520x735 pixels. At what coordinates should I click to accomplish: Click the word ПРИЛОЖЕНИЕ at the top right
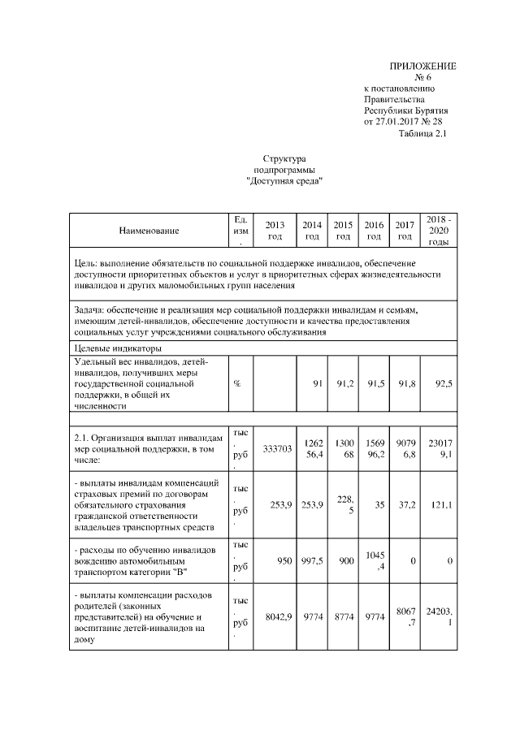tap(422, 65)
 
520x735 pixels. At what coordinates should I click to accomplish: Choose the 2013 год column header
tap(275, 231)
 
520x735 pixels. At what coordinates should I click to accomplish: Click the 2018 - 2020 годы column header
tap(439, 231)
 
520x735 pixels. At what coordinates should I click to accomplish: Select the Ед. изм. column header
tap(240, 231)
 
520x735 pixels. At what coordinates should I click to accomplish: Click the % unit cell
tap(236, 383)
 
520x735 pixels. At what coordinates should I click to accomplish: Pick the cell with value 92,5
tap(443, 383)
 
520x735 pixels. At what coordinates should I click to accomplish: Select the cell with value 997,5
tap(312, 560)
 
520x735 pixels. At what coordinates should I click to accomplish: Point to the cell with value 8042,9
tap(278, 617)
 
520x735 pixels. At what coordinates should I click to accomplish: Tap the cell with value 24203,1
tap(439, 617)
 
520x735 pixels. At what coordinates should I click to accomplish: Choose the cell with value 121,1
tap(442, 504)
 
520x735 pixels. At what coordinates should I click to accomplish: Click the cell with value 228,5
tap(343, 504)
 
